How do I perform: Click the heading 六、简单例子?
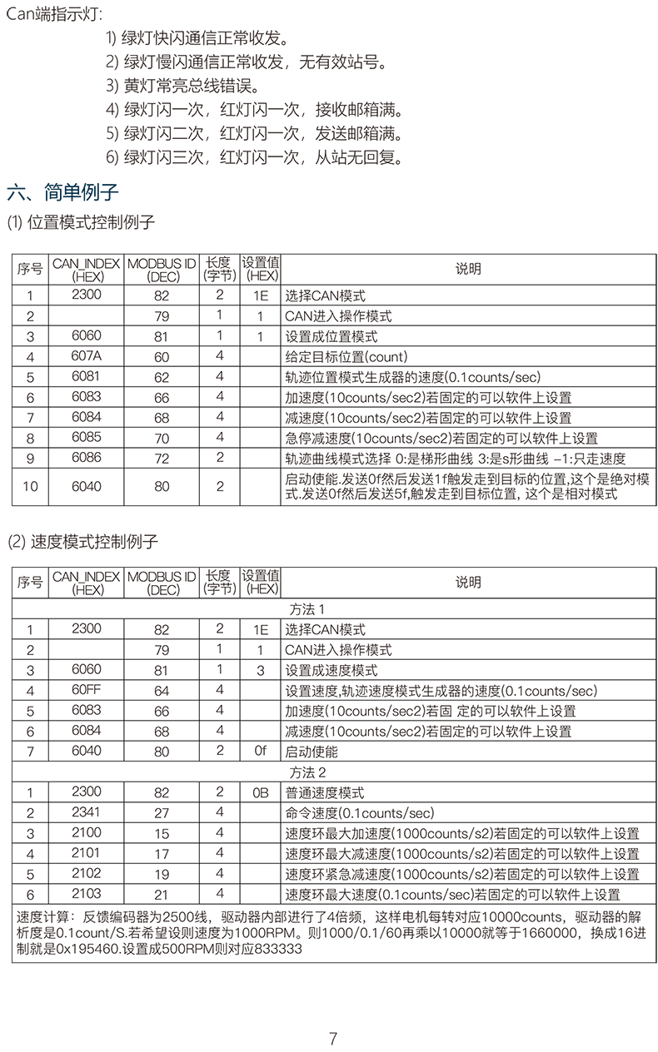click(63, 193)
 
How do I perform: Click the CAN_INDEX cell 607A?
click(86, 356)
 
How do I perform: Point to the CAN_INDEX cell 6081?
click(86, 376)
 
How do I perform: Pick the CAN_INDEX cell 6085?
click(86, 437)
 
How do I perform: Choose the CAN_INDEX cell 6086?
click(86, 458)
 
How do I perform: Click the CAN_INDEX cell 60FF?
click(86, 690)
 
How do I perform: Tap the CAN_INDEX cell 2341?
click(86, 812)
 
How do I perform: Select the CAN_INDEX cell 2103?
click(86, 894)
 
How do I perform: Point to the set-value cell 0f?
click(261, 751)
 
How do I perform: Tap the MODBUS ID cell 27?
click(162, 813)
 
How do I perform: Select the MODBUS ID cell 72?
click(162, 459)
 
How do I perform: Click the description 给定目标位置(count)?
click(334, 357)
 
